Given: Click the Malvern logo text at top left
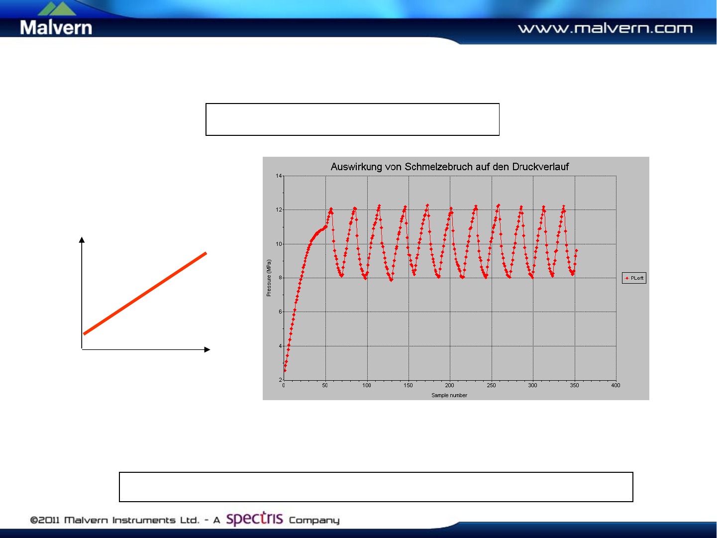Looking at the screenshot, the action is point(56,27).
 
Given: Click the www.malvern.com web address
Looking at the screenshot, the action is point(605,28).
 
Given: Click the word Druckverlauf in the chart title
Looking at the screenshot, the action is point(540,167).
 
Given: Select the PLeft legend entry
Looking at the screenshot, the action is point(634,278).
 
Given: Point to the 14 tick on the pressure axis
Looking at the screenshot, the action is point(279,176).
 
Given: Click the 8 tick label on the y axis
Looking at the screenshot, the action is point(280,278).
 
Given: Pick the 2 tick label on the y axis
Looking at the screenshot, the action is point(280,380).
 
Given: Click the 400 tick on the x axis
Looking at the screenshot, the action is point(615,385).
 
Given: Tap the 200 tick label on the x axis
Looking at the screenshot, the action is point(449,385).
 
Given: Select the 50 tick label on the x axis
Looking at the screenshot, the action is point(325,385).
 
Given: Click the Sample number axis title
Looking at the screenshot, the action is point(449,395).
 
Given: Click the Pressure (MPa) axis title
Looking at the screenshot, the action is point(269,278).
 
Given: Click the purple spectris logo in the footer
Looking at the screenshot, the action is point(254,519).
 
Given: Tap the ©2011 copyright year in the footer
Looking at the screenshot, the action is point(45,520).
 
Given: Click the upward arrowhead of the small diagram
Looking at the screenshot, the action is point(82,240).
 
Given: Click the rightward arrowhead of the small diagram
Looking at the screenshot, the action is point(207,349).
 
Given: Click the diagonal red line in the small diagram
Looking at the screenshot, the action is point(145,293).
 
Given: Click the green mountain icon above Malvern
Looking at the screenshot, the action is point(57,8).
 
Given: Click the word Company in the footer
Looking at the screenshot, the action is point(314,521).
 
